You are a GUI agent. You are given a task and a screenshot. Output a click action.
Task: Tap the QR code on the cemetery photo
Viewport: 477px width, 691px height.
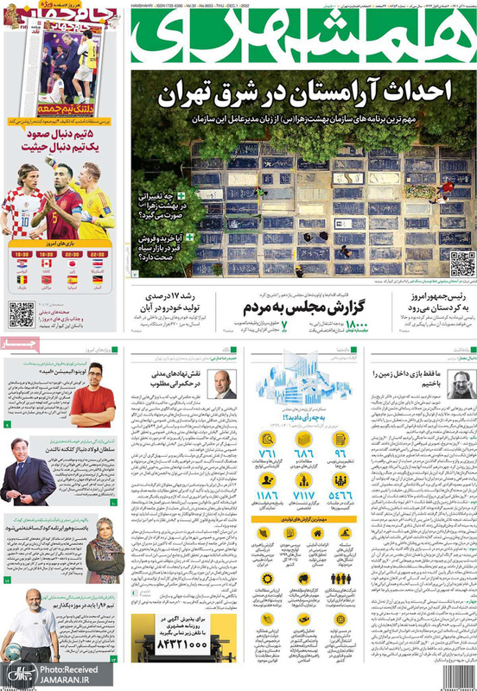461,263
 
